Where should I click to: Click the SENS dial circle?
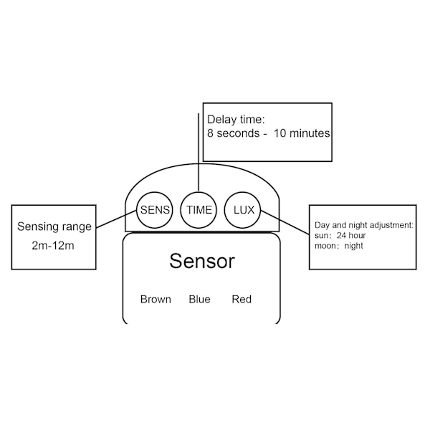point(156,210)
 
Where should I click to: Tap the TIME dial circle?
point(199,210)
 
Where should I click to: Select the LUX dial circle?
point(244,210)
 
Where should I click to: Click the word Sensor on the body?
point(201,262)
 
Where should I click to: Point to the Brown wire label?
point(156,299)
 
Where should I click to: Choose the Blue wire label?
point(199,299)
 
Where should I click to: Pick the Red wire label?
point(242,299)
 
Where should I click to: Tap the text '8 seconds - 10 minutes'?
point(268,134)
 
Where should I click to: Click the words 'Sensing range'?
point(54,227)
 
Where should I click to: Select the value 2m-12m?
point(54,246)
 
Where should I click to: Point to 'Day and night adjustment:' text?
point(364,226)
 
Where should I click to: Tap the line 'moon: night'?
point(339,246)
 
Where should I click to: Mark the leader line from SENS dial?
point(116,221)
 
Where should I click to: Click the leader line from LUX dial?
point(285,221)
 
